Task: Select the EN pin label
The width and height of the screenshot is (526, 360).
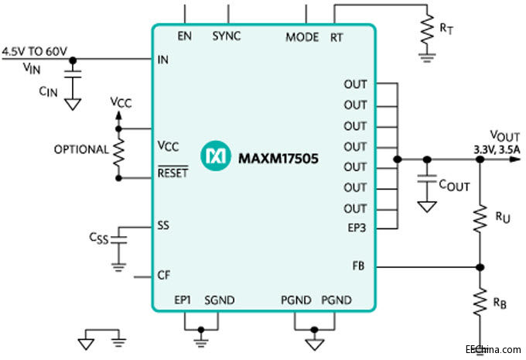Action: coord(184,36)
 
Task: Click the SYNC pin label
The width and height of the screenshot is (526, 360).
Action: coord(226,36)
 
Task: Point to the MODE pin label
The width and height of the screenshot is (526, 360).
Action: coord(302,36)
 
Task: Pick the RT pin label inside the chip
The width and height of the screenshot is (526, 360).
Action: coord(336,36)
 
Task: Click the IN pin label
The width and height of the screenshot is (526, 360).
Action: coord(162,58)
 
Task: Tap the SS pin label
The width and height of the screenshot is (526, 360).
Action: coord(163,226)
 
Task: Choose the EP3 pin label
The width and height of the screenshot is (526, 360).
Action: coord(356,228)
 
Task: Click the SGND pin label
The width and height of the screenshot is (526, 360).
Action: coord(218,300)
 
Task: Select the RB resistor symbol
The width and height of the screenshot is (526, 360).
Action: coord(479,303)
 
